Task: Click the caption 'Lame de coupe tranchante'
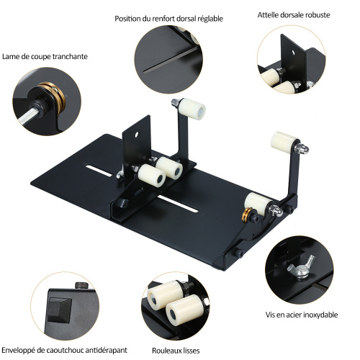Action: point(45,57)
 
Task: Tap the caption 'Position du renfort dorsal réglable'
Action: point(168,19)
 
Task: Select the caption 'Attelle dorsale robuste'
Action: point(294,15)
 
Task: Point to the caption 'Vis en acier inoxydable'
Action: point(302,315)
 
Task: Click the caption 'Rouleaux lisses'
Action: point(176,351)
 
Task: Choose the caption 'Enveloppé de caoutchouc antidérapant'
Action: point(64,350)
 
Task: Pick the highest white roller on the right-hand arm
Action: point(284,141)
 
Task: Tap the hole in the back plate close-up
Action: point(293,52)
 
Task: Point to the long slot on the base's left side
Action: point(98,171)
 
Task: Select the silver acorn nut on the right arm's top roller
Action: point(302,148)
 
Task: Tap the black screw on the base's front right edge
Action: point(239,253)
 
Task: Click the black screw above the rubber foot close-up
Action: point(82,286)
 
